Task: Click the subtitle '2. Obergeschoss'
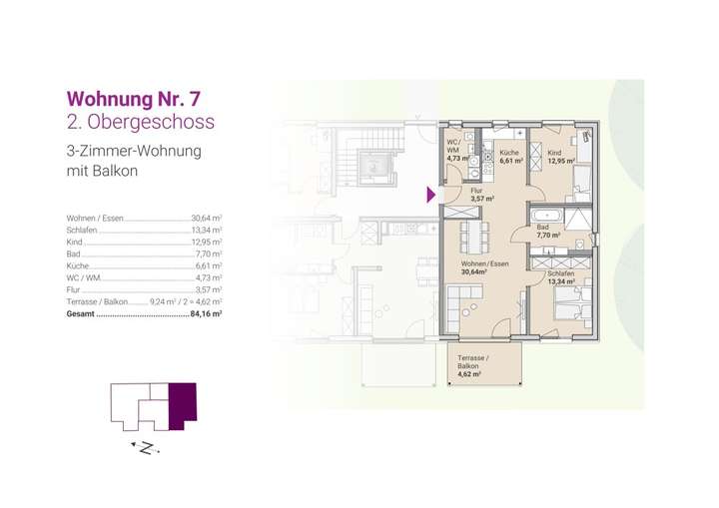139,123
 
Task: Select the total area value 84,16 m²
205,312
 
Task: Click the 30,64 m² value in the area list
206,217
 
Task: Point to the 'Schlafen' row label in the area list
83,229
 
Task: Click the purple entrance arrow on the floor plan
431,194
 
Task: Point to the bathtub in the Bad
546,216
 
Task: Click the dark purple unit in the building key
183,405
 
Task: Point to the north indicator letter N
147,449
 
